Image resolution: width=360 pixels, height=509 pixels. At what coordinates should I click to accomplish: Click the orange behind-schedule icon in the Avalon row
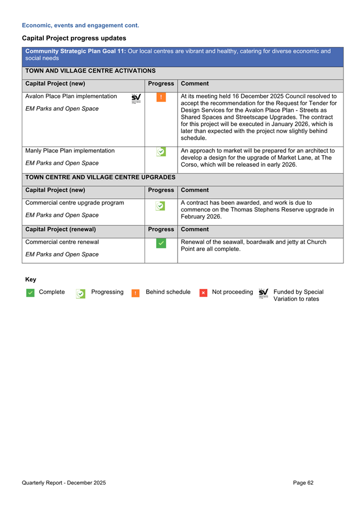161,97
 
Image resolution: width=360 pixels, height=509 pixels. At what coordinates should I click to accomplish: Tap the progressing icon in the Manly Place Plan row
161,152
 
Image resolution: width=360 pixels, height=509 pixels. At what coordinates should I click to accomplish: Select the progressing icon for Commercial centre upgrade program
161,206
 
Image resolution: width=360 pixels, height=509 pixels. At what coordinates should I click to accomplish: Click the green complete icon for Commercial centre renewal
161,244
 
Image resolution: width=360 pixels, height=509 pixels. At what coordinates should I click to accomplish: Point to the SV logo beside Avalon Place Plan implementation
136,98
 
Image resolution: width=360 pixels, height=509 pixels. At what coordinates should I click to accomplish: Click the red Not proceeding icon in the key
203,293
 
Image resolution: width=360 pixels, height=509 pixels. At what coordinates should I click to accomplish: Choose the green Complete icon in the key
30,293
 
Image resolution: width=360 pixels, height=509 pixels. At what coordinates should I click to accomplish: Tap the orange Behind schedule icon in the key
135,293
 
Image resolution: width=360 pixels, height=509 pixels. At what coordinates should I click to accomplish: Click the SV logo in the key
263,293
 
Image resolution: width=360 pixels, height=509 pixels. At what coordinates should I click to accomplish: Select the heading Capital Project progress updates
74,38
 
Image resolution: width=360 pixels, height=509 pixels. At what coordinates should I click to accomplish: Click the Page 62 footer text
303,482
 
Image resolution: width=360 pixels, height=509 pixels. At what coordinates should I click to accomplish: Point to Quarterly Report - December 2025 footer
64,482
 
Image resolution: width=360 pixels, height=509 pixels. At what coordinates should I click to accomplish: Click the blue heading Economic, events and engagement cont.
81,25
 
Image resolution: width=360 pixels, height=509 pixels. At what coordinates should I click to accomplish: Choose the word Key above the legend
30,279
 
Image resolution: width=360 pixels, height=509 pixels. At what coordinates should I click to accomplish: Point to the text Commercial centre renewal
61,242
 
